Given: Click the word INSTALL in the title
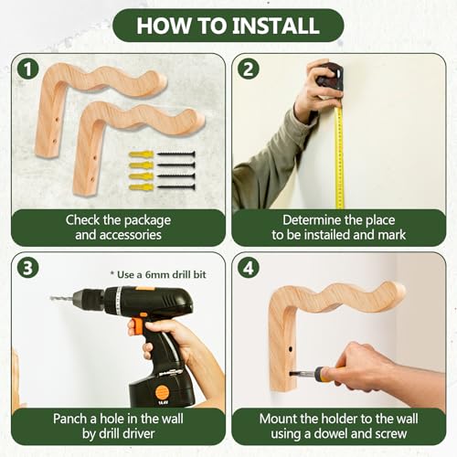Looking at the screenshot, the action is (276, 26).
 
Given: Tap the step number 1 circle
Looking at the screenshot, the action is (27, 69).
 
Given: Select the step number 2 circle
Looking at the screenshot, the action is (249, 69).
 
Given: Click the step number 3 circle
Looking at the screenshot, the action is (27, 268).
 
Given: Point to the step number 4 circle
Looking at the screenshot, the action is (249, 268).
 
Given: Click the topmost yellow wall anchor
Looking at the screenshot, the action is (141, 154).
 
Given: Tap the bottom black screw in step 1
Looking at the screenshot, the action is (175, 186).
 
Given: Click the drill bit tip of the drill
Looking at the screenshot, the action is (51, 298).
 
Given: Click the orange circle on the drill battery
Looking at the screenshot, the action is (162, 393).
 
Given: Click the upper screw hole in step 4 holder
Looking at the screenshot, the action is (290, 348).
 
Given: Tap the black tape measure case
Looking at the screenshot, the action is (331, 76).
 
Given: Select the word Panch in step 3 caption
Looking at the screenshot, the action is (70, 419).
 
